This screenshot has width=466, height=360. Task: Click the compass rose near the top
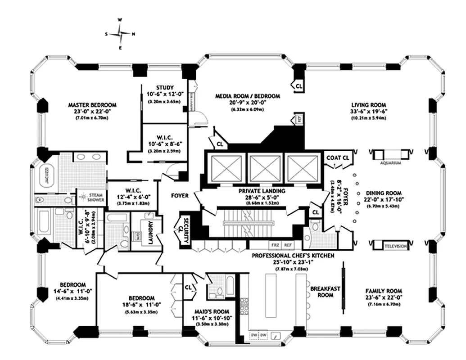pos(120,33)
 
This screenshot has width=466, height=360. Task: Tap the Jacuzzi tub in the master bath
pos(46,174)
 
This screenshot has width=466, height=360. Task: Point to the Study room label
pos(165,87)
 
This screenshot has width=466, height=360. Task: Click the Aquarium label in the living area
pos(390,163)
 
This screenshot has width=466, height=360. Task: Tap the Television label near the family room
pos(395,247)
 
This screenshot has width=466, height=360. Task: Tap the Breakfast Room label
pos(325,291)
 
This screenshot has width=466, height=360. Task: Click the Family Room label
pos(384,291)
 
